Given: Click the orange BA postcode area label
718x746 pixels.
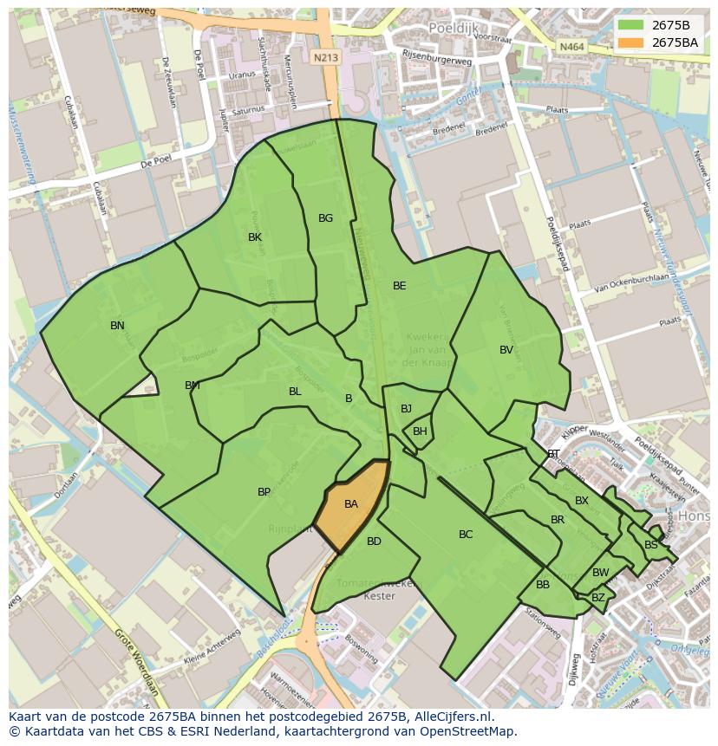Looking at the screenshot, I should click(x=350, y=504).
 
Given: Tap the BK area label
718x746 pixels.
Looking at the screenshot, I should click(x=255, y=237).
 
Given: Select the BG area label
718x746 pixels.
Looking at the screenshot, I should click(x=325, y=218).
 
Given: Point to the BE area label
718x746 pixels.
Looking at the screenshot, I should click(x=399, y=286).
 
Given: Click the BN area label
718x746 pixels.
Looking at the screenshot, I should click(x=117, y=326).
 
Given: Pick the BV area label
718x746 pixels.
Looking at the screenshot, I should click(x=506, y=350).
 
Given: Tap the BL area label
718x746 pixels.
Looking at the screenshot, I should click(x=295, y=392).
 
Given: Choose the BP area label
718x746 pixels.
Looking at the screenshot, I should click(x=264, y=492).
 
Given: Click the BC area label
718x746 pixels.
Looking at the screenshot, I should click(x=466, y=535).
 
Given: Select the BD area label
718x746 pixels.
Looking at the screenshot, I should click(x=374, y=542).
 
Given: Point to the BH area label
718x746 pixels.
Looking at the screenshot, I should click(x=420, y=431).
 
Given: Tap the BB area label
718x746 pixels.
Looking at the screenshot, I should click(x=543, y=585).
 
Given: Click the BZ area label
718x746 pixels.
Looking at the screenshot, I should click(x=597, y=598).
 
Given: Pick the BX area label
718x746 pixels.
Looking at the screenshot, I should click(x=582, y=501).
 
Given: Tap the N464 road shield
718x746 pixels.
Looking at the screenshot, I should click(x=571, y=47).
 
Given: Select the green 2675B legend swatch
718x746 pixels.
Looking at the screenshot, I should click(x=630, y=24).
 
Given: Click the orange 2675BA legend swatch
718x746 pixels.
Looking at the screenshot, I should click(x=630, y=42).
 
